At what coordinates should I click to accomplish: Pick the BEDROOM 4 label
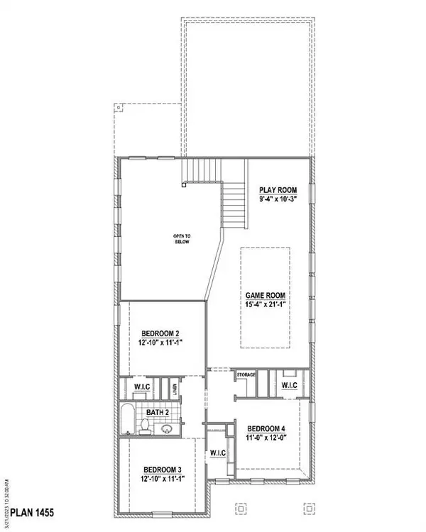tap(267, 428)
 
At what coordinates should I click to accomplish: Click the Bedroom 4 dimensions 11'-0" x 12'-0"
tap(267, 438)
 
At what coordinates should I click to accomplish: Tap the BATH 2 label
tap(157, 412)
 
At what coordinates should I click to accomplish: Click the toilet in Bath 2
tap(143, 426)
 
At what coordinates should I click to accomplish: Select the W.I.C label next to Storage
tap(289, 385)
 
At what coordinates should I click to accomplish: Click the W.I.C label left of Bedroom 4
tap(218, 453)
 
